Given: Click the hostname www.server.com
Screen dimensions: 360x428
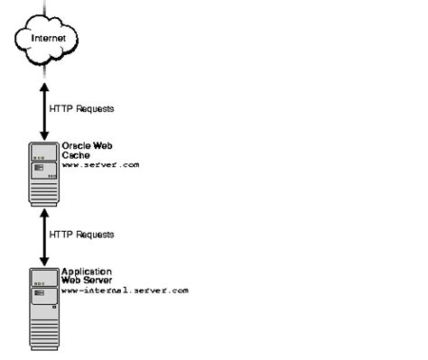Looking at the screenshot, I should point(100,165).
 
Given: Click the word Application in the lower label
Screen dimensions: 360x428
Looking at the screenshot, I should point(85,272).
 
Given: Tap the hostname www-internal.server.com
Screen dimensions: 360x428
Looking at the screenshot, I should point(125,291).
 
